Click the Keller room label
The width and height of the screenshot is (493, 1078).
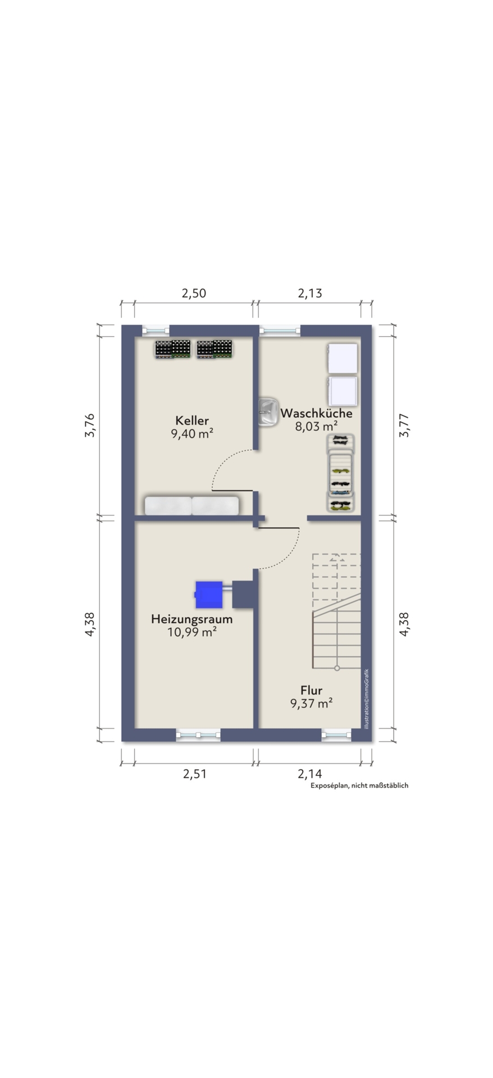[191, 421]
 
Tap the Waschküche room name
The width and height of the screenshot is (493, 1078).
[316, 413]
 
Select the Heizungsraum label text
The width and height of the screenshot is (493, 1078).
[191, 619]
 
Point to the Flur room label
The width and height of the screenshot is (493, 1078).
[311, 691]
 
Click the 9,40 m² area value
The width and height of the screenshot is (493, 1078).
[191, 433]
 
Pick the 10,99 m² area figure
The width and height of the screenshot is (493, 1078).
[192, 633]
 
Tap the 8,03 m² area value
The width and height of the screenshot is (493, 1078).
[316, 427]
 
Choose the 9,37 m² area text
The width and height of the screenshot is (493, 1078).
[312, 704]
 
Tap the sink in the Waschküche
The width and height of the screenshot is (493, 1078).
[268, 413]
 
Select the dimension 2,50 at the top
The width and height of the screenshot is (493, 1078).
[194, 293]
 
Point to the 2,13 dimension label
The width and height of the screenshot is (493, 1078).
[310, 293]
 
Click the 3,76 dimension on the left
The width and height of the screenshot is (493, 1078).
[90, 425]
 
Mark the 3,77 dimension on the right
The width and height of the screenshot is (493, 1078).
[405, 426]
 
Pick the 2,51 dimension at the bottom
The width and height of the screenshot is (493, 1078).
[195, 774]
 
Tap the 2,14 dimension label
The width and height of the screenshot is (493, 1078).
[310, 774]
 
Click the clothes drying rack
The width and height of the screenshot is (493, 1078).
[341, 473]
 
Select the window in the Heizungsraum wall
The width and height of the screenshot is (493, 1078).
[198, 734]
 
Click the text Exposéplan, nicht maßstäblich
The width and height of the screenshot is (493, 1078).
[359, 785]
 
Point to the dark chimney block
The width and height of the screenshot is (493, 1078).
[245, 594]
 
